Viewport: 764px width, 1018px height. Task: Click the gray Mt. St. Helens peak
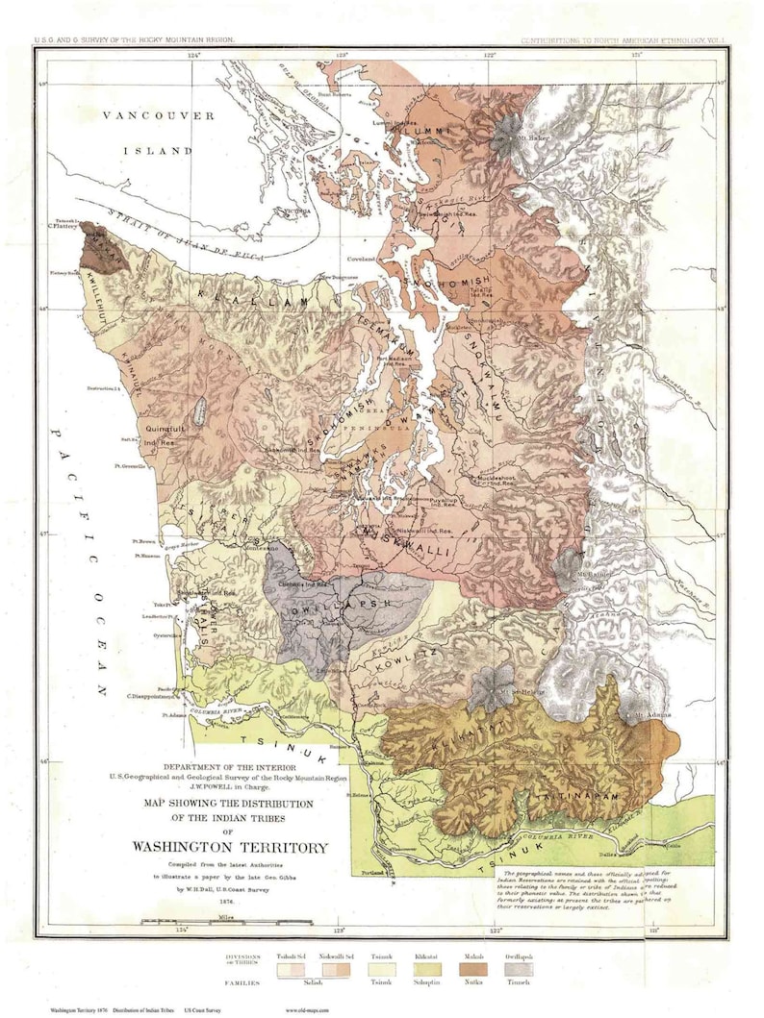(x=492, y=685)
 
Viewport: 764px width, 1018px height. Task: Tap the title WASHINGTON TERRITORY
(x=230, y=847)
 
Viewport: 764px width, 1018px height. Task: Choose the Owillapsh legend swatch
(x=517, y=972)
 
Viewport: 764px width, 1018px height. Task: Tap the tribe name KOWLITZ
(x=411, y=654)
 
